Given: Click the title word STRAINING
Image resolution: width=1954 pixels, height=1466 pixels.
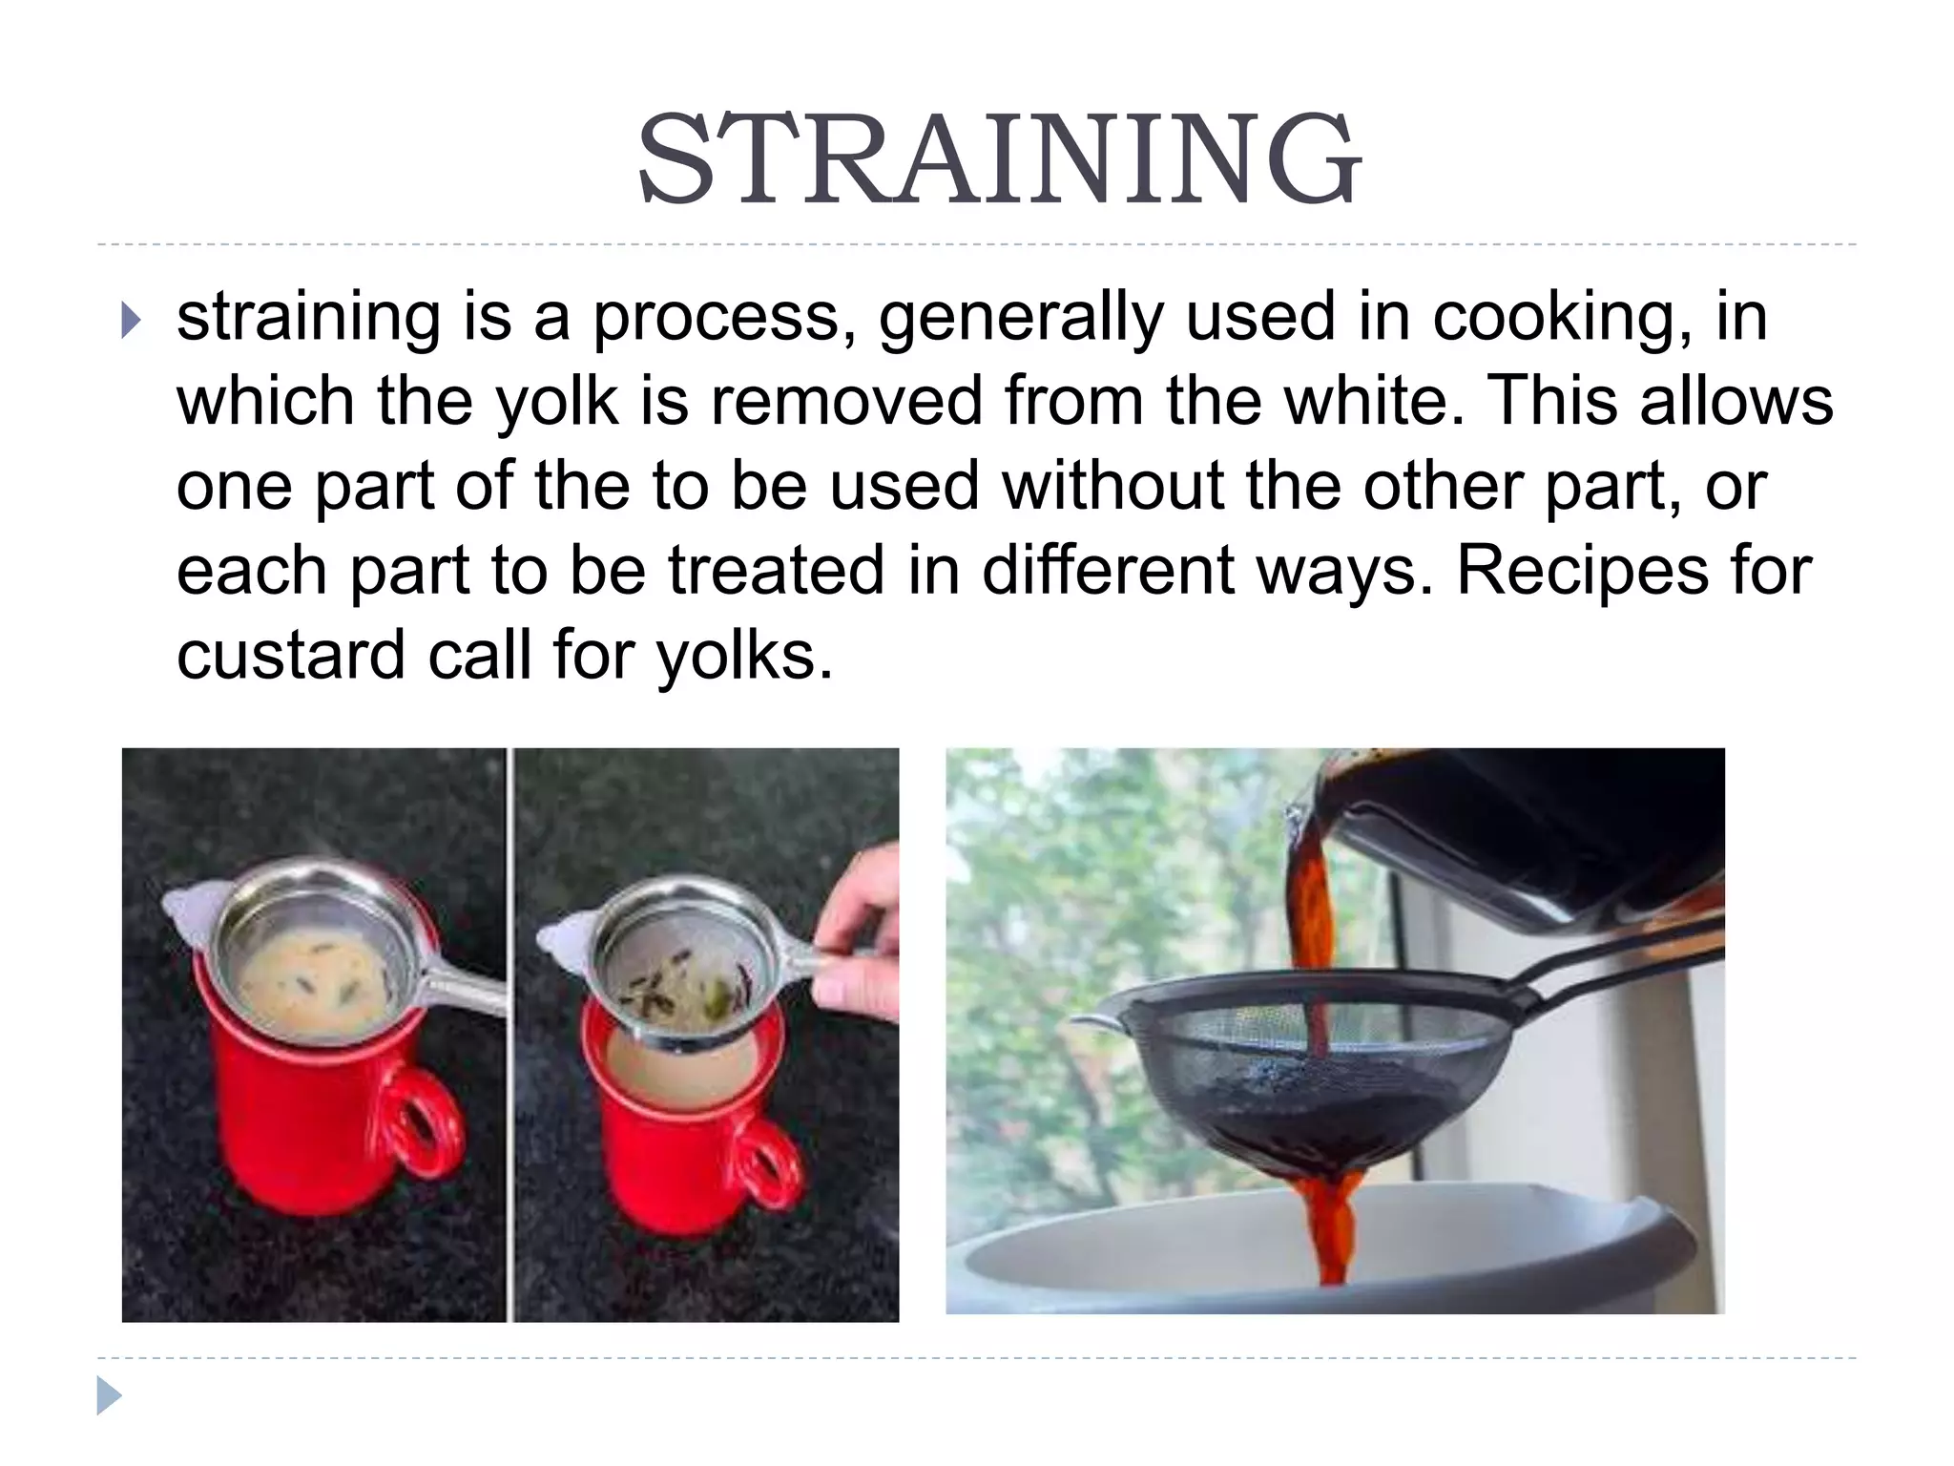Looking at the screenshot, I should click(x=998, y=159).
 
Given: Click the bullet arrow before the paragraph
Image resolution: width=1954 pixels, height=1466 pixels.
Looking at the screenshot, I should click(x=131, y=321).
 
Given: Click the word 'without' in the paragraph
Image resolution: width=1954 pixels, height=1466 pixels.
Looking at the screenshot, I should click(x=1112, y=486).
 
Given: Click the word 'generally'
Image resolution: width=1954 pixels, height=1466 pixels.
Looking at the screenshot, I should click(x=1020, y=319).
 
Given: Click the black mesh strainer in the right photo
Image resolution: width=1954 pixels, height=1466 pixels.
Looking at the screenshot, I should click(x=1307, y=1069).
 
